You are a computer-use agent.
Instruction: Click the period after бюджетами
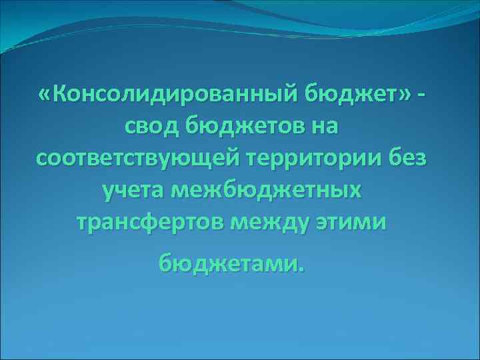pos(301,269)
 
